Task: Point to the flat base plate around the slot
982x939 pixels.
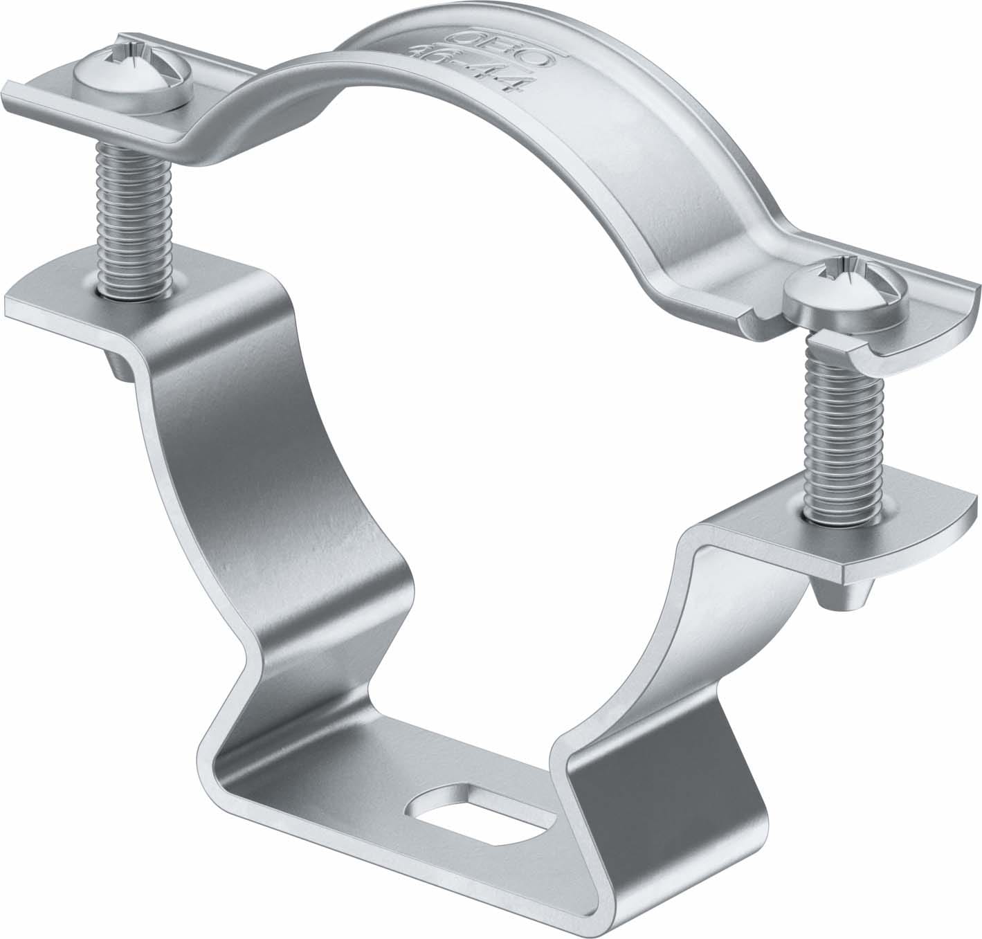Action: click(388, 810)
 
